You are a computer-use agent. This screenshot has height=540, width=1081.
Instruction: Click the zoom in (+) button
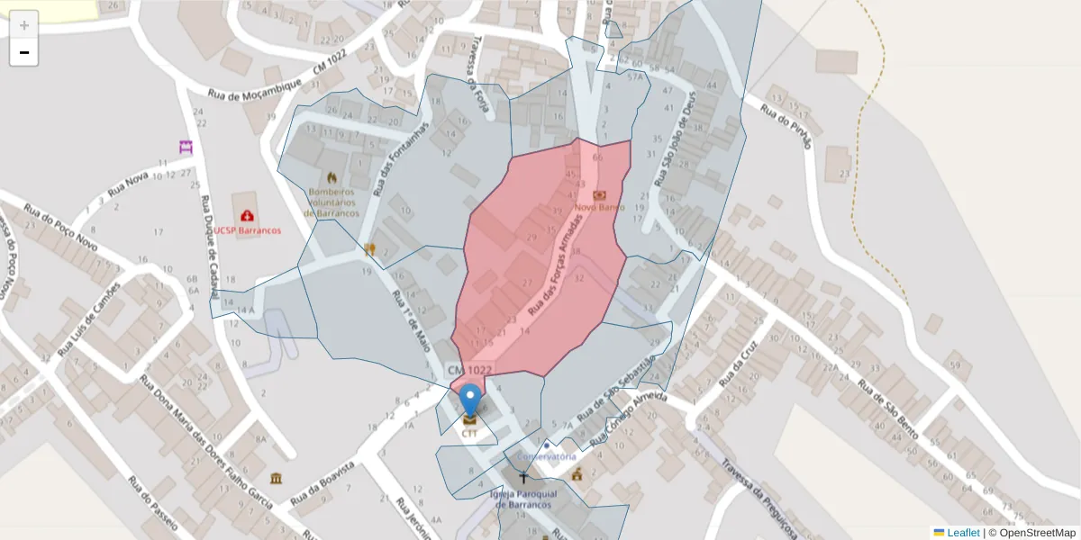[23, 25]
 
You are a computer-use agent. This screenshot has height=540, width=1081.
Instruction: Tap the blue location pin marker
[470, 400]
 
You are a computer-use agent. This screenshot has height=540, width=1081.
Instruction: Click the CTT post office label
[469, 433]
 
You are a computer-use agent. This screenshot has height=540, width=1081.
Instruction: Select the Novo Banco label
[599, 207]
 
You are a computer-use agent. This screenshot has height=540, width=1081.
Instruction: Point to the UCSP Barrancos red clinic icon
[246, 216]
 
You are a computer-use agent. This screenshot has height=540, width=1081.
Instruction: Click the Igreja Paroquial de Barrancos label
[523, 499]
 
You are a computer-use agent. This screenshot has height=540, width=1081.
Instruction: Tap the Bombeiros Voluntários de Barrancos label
[333, 202]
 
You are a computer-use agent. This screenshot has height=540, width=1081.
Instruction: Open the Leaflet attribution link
[962, 533]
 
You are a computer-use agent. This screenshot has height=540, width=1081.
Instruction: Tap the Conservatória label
[548, 456]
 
